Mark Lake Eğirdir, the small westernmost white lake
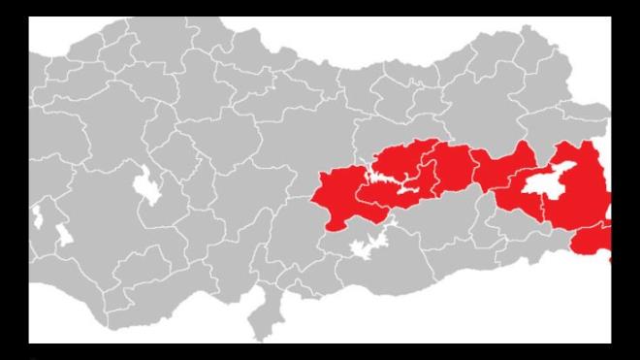click(37, 214)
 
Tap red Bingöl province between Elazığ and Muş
click(456, 170)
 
